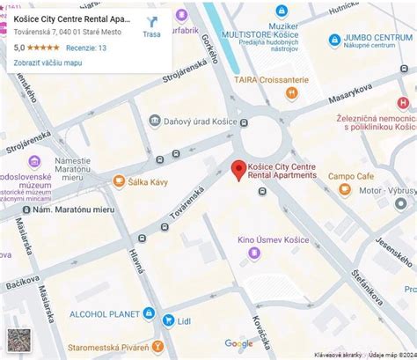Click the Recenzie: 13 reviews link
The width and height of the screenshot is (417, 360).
[x=85, y=48]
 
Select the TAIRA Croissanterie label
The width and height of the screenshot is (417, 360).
[x=271, y=80]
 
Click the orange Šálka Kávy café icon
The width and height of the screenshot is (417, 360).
[x=119, y=181]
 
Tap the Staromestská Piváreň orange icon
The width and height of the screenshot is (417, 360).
[x=157, y=346]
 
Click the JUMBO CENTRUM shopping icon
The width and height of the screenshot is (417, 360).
[x=334, y=40]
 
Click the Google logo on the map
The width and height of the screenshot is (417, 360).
[x=238, y=344]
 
